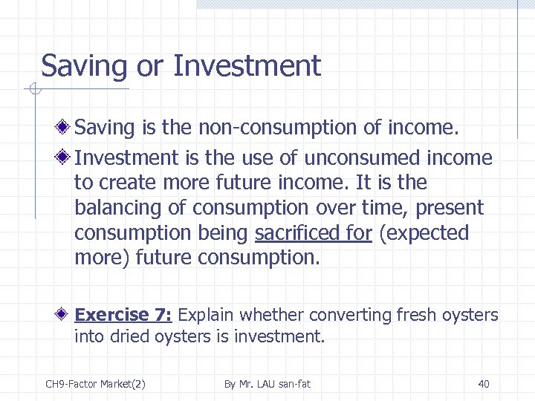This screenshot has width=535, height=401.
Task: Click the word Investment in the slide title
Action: tap(247, 66)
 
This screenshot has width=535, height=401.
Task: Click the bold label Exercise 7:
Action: tap(123, 315)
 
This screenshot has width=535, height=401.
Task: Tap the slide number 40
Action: tap(484, 384)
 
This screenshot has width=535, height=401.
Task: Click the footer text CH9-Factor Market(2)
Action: tap(95, 384)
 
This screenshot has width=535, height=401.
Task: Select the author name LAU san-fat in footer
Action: tap(283, 384)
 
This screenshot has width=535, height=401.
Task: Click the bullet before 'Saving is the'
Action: tap(66, 128)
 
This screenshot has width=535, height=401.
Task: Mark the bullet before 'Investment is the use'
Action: tap(66, 158)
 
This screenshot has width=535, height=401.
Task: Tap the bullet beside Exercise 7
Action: tap(66, 315)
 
